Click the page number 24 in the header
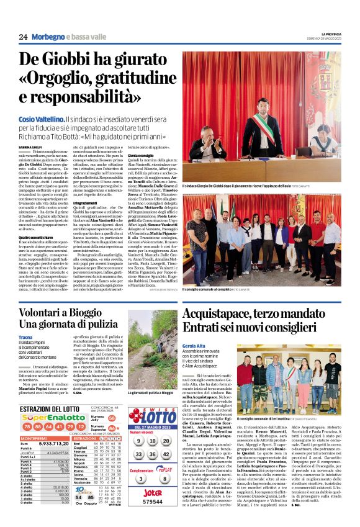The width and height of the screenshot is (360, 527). click(x=23, y=37)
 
